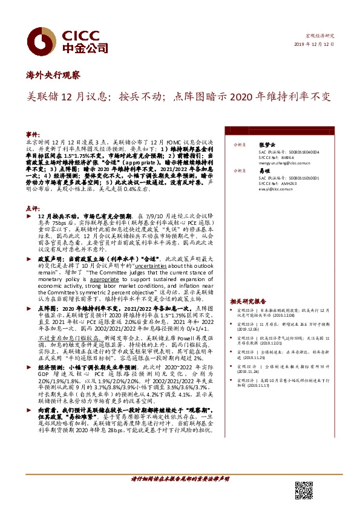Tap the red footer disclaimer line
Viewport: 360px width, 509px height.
coord(180,479)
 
